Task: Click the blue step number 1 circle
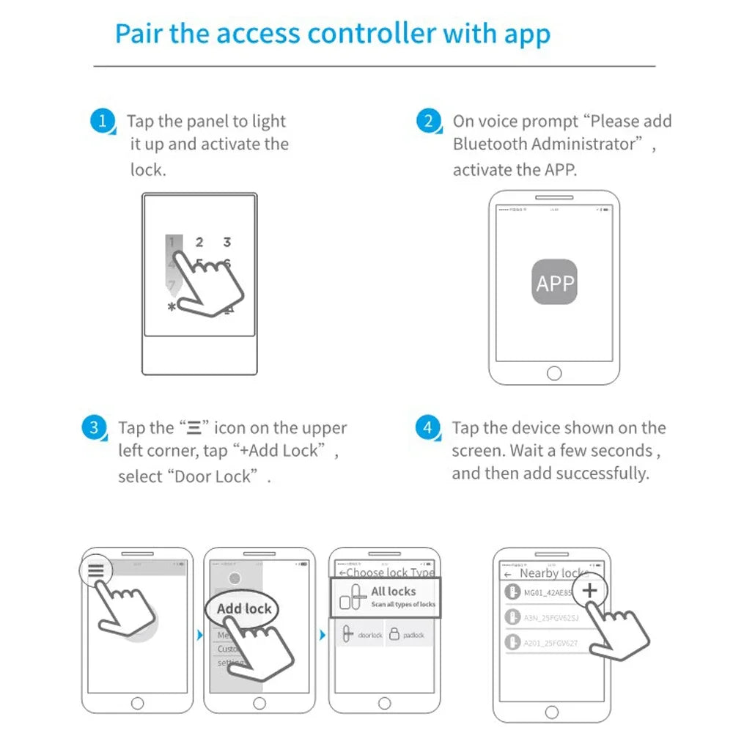click(x=103, y=121)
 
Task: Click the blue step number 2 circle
click(x=428, y=121)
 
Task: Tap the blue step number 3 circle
click(x=93, y=427)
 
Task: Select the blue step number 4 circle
click(x=428, y=427)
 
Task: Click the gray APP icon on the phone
click(x=554, y=282)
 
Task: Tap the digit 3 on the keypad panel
click(x=227, y=242)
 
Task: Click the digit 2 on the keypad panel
click(x=199, y=242)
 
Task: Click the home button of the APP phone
click(x=554, y=373)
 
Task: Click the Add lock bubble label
click(x=244, y=609)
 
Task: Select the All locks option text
click(x=393, y=592)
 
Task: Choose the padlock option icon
click(x=394, y=635)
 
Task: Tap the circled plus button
click(x=589, y=591)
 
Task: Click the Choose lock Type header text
click(x=388, y=572)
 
